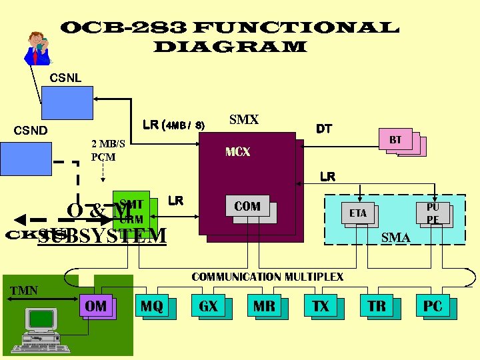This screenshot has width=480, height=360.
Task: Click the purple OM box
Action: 96,306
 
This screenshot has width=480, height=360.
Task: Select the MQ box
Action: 152,307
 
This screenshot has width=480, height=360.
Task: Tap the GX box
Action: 208,307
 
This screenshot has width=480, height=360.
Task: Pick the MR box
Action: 264,307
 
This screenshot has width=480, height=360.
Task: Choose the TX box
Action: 321,307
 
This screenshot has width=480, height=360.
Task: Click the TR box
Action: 377,307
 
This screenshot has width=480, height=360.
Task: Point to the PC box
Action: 433,307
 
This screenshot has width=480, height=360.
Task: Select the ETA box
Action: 358,213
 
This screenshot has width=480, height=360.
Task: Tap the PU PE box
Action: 433,213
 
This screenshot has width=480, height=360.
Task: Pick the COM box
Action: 247,207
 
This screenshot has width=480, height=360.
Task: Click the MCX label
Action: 237,152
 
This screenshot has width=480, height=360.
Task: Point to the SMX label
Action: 243,120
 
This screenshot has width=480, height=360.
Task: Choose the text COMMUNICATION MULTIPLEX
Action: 267,277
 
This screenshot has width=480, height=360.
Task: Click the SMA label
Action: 395,237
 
